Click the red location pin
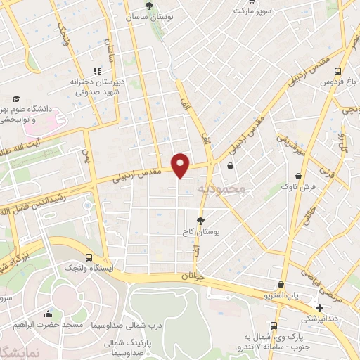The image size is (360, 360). click(x=181, y=165)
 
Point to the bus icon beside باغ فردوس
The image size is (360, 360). click(x=338, y=71)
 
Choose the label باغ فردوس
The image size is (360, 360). click(x=335, y=82)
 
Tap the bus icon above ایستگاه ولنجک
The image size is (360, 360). click(x=88, y=257)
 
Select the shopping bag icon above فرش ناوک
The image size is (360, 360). click(x=300, y=176)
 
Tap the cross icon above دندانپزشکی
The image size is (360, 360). click(x=320, y=307)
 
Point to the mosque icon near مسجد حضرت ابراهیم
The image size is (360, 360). click(x=48, y=314)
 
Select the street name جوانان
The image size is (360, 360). click(x=196, y=277)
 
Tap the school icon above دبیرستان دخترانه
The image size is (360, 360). click(x=97, y=70)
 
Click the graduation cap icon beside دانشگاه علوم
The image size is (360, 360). click(x=16, y=99)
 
